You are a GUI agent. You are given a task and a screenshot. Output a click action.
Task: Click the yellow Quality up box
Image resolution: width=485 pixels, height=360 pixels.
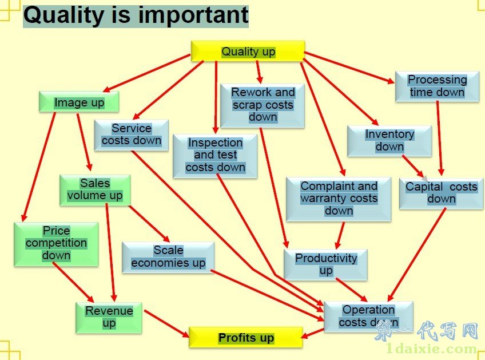[248, 51]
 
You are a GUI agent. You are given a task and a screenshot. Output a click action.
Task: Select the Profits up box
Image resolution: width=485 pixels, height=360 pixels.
[245, 338]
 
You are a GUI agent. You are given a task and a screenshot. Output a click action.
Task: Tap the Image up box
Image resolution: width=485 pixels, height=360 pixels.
[79, 101]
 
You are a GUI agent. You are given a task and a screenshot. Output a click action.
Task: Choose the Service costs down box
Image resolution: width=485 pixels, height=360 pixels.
[131, 135]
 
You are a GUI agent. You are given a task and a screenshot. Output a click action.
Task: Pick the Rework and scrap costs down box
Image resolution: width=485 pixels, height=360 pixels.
[263, 105]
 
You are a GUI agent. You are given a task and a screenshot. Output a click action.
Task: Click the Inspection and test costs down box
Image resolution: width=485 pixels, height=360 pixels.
[215, 156]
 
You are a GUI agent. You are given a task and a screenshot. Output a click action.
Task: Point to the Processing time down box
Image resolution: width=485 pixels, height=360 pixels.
[437, 86]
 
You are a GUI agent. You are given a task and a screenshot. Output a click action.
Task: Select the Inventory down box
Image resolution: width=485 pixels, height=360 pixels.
[389, 141]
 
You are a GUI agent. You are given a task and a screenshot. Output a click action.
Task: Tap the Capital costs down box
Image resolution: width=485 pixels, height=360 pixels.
[441, 193]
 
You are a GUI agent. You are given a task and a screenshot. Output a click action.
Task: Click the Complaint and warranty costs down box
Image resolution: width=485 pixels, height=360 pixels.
[339, 199]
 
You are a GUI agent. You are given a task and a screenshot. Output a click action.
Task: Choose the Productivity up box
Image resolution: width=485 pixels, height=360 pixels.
[325, 264]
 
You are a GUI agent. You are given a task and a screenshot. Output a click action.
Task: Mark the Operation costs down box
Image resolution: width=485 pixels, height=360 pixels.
[368, 317]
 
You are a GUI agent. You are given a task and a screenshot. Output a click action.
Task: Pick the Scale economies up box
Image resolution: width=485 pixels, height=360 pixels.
[168, 257]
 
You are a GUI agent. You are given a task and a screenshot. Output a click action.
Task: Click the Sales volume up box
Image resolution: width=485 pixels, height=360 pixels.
[95, 190]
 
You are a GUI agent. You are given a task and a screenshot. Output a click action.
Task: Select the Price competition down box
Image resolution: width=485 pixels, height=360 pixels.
[56, 244]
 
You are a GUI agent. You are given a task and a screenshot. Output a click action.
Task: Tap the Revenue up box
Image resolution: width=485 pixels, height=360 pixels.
[109, 318]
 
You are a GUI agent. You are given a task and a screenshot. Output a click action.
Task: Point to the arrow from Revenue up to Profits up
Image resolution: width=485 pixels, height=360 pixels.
[166, 323]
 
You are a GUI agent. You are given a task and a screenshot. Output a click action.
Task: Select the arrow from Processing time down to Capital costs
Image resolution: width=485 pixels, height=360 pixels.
[439, 139]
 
